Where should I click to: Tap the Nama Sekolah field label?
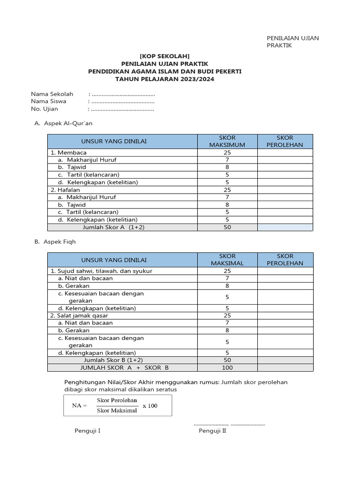(x=52, y=94)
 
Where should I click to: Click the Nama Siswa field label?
(x=49, y=101)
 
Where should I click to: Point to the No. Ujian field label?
(x=45, y=109)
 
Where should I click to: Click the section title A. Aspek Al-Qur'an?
(x=64, y=123)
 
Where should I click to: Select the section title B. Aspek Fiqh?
(x=55, y=242)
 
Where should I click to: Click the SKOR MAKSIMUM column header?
(x=227, y=141)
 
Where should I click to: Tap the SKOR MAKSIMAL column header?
(x=227, y=260)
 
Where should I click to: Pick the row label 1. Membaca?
(x=68, y=152)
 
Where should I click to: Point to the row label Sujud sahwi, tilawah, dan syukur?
(x=101, y=271)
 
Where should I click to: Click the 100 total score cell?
(x=227, y=367)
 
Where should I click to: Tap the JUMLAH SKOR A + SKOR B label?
(x=124, y=367)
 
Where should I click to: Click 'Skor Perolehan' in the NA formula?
(x=117, y=400)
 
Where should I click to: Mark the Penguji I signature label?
(x=88, y=431)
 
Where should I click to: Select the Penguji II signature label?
(x=212, y=431)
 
